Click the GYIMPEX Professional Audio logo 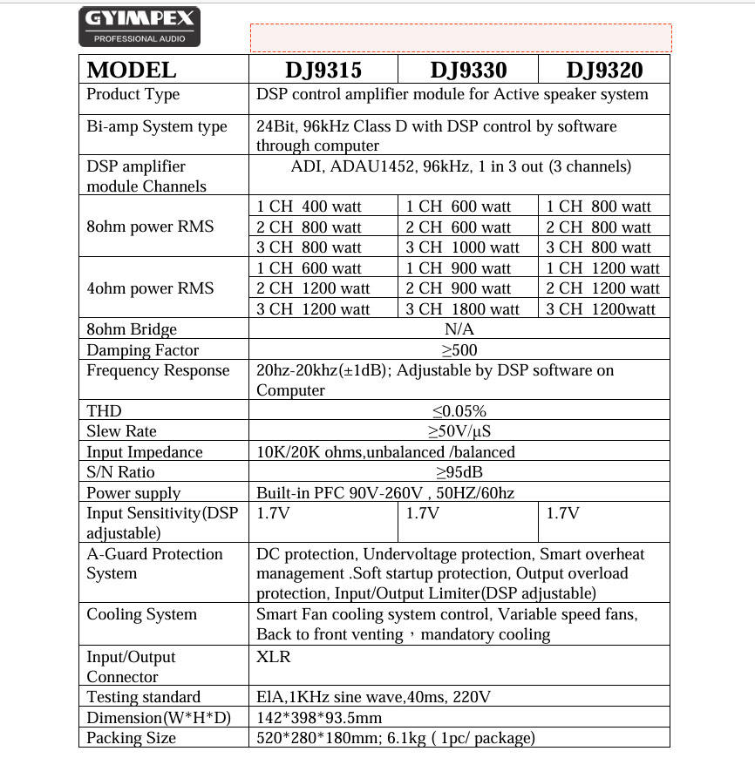pos(139,27)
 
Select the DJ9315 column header pos(323,70)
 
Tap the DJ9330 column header pos(468,70)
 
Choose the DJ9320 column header pos(604,70)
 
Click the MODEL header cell pos(132,70)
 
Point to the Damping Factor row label pos(142,350)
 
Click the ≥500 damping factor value pos(459,350)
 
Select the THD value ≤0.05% pos(459,411)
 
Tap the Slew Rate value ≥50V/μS pos(459,431)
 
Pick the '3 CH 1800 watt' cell pos(463,309)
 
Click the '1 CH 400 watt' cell pos(309,206)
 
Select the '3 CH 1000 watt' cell pos(463,247)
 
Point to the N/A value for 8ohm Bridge pos(459,329)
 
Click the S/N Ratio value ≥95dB pos(459,472)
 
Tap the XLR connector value pos(274,657)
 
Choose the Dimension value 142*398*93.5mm pos(319,718)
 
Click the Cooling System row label pos(141,614)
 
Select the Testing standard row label pos(143,697)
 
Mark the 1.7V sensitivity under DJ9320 pos(562,513)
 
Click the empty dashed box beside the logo pos(460,37)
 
